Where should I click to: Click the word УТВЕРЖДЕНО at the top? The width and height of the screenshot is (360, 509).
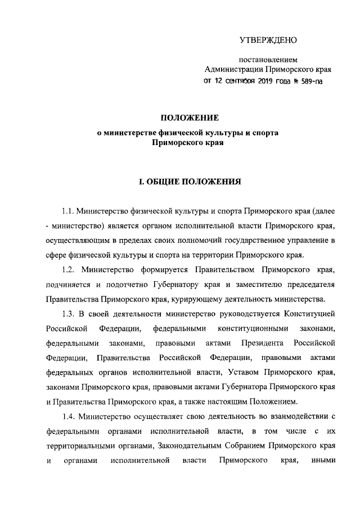(x=268, y=40)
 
